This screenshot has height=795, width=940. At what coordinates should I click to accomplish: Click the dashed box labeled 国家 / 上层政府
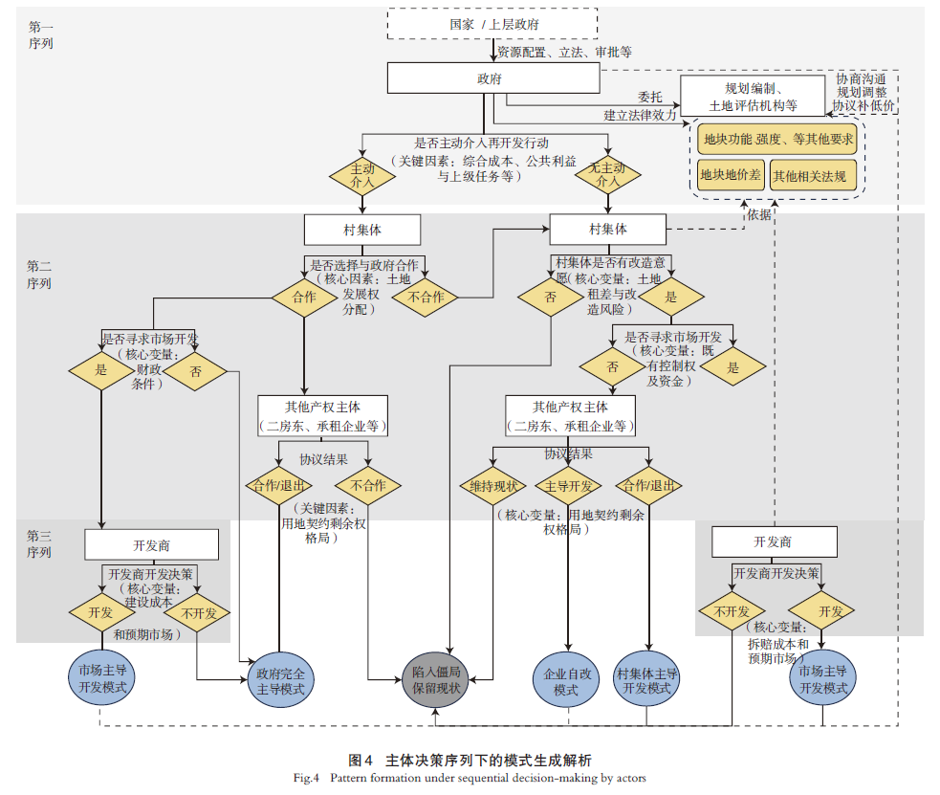point(492,24)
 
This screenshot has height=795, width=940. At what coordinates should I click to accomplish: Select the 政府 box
point(492,78)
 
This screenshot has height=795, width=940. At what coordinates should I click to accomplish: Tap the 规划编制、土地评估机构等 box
point(754,96)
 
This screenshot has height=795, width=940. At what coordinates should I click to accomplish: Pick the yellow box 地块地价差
point(731,175)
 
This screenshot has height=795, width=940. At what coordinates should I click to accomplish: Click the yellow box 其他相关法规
point(808,175)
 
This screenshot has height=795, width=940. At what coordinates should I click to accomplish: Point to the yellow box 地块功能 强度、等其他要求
point(777,139)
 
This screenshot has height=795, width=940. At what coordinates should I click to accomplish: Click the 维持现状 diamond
point(492,485)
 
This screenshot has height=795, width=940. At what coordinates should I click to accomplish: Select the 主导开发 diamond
point(568,485)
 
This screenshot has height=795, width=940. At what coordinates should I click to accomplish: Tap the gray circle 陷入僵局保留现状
point(435,680)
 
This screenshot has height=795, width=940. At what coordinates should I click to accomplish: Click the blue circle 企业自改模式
point(566,680)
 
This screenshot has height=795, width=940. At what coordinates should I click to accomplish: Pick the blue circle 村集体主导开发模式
point(647,680)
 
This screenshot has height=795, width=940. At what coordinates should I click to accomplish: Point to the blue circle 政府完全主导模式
point(278,680)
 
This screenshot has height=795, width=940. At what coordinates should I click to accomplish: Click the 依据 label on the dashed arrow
point(758,215)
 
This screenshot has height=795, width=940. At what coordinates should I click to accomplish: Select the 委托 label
point(651,97)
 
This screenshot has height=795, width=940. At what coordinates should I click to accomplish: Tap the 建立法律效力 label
point(640,115)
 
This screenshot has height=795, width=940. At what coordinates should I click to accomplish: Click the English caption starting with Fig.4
point(470,778)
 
